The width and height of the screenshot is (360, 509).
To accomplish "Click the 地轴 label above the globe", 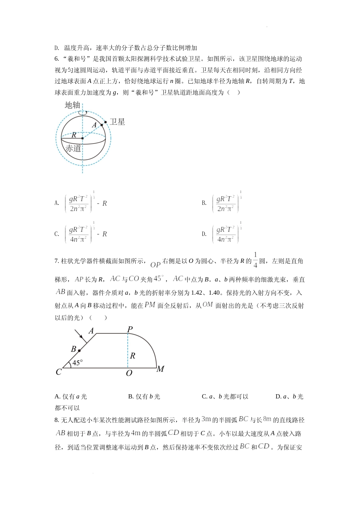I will [x=72, y=105].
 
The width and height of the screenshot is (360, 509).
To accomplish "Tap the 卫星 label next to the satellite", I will [x=117, y=122].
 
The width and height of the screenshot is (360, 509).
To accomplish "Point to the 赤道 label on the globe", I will [x=73, y=148].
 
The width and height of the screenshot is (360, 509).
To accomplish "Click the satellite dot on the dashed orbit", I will [x=106, y=122].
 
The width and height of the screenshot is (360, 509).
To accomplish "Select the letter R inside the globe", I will [x=74, y=135].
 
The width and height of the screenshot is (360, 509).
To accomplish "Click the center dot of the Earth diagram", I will [x=83, y=138].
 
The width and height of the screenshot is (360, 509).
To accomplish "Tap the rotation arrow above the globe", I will [x=83, y=112].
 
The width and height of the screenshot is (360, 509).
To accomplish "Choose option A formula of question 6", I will [x=86, y=203].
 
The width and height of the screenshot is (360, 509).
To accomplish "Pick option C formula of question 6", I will [x=86, y=234].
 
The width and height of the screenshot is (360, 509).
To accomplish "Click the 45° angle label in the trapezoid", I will [x=77, y=363].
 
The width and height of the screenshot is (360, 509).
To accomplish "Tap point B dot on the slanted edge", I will [x=79, y=351].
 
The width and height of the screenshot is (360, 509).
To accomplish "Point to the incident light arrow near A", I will [x=79, y=334].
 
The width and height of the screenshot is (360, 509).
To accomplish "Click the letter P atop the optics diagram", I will [x=130, y=329].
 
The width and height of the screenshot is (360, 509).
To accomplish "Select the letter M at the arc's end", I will [x=160, y=369].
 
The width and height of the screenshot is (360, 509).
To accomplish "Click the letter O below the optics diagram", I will [x=129, y=373].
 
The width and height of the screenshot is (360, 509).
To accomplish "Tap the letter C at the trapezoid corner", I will [x=59, y=372].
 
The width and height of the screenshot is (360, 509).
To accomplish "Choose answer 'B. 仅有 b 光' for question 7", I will [x=144, y=397].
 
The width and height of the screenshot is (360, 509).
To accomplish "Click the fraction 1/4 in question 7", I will [x=255, y=260].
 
